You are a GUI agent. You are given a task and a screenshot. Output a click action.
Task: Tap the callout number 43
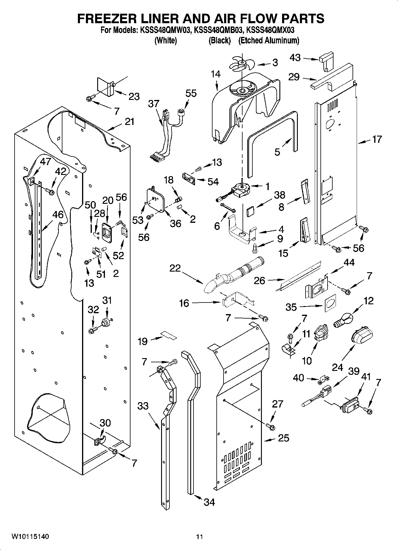coord(295,58)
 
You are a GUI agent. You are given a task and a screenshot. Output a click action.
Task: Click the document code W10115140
coord(30,537)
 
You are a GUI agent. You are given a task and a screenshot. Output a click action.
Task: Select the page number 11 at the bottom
coord(199,537)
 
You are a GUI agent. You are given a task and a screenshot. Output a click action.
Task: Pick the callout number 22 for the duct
coord(175,268)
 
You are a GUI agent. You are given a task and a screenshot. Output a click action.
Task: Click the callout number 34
coord(209,502)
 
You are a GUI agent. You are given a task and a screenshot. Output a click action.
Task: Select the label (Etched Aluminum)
coord(269,41)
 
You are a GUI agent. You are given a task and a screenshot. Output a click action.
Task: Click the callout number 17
coord(377,139)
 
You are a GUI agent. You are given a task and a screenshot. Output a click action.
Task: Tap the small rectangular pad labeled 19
coord(169,336)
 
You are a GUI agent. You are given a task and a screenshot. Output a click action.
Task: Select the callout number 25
coord(283,438)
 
